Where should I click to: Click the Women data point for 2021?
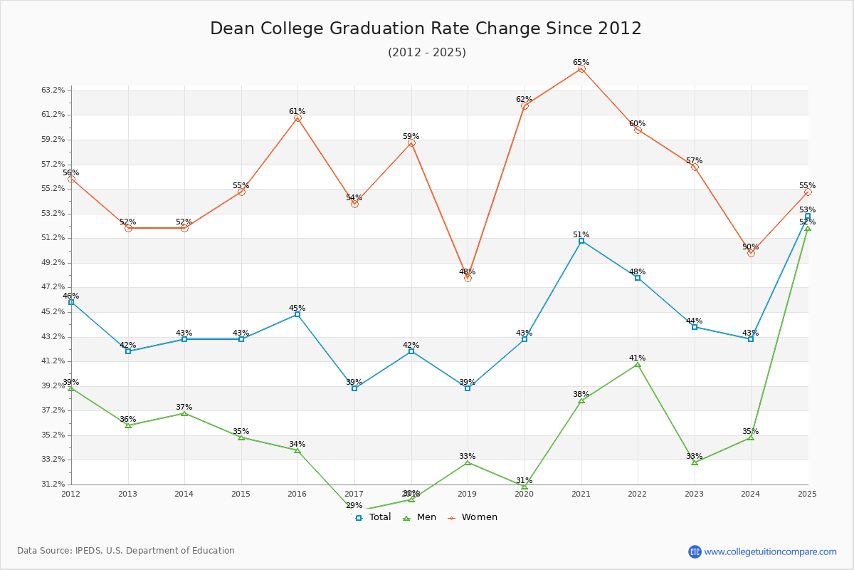pyautogui.click(x=581, y=69)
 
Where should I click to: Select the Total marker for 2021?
pyautogui.click(x=581, y=241)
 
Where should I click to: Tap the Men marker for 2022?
pyautogui.click(x=638, y=364)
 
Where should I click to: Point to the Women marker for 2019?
pyautogui.click(x=468, y=278)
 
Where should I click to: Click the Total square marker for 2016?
pyautogui.click(x=297, y=314)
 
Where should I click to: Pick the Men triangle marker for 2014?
pyautogui.click(x=184, y=413)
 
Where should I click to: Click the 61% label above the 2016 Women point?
pyautogui.click(x=297, y=112)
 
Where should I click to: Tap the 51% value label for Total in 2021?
pyautogui.click(x=581, y=234)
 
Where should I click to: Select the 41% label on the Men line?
pyautogui.click(x=637, y=358)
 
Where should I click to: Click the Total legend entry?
pyautogui.click(x=373, y=517)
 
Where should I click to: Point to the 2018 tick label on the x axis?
pyautogui.click(x=411, y=493)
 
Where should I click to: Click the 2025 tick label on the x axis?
pyautogui.click(x=807, y=493)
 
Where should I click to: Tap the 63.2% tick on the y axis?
pyautogui.click(x=53, y=90)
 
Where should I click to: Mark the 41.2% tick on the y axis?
pyautogui.click(x=53, y=361)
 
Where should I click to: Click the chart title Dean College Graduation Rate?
pyautogui.click(x=426, y=28)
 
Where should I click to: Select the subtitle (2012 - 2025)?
pyautogui.click(x=427, y=52)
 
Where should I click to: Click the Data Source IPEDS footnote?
pyautogui.click(x=126, y=551)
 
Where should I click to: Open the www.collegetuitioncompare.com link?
pyautogui.click(x=770, y=551)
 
